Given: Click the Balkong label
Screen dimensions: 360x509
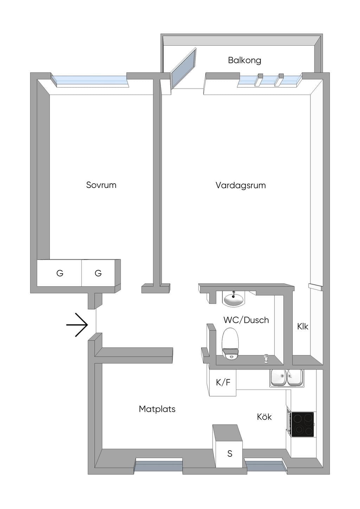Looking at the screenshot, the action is pyautogui.click(x=244, y=60).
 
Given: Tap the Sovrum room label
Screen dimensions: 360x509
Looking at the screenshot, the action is pyautogui.click(x=101, y=185).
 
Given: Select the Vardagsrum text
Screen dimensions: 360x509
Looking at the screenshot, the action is pyautogui.click(x=240, y=185).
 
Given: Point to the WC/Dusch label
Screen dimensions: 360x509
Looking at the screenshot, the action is pyautogui.click(x=246, y=320).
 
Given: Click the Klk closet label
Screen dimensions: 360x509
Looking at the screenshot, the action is pyautogui.click(x=303, y=327).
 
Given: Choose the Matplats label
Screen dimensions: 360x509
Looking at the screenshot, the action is pyautogui.click(x=157, y=409).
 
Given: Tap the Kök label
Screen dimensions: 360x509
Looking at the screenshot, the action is pyautogui.click(x=264, y=417).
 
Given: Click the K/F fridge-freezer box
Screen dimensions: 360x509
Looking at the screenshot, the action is pyautogui.click(x=223, y=383).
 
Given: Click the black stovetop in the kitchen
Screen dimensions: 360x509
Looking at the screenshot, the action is pyautogui.click(x=302, y=424).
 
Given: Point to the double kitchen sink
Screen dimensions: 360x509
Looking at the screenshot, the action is pyautogui.click(x=287, y=378).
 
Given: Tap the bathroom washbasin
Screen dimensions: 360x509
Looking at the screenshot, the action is pyautogui.click(x=233, y=299).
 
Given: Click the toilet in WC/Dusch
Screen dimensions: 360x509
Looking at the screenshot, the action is pyautogui.click(x=230, y=344).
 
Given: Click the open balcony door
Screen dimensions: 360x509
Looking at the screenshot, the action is pyautogui.click(x=183, y=68).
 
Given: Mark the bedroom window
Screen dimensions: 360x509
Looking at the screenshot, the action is pyautogui.click(x=90, y=81).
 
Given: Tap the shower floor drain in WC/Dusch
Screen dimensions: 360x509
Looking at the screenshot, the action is pyautogui.click(x=265, y=359).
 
